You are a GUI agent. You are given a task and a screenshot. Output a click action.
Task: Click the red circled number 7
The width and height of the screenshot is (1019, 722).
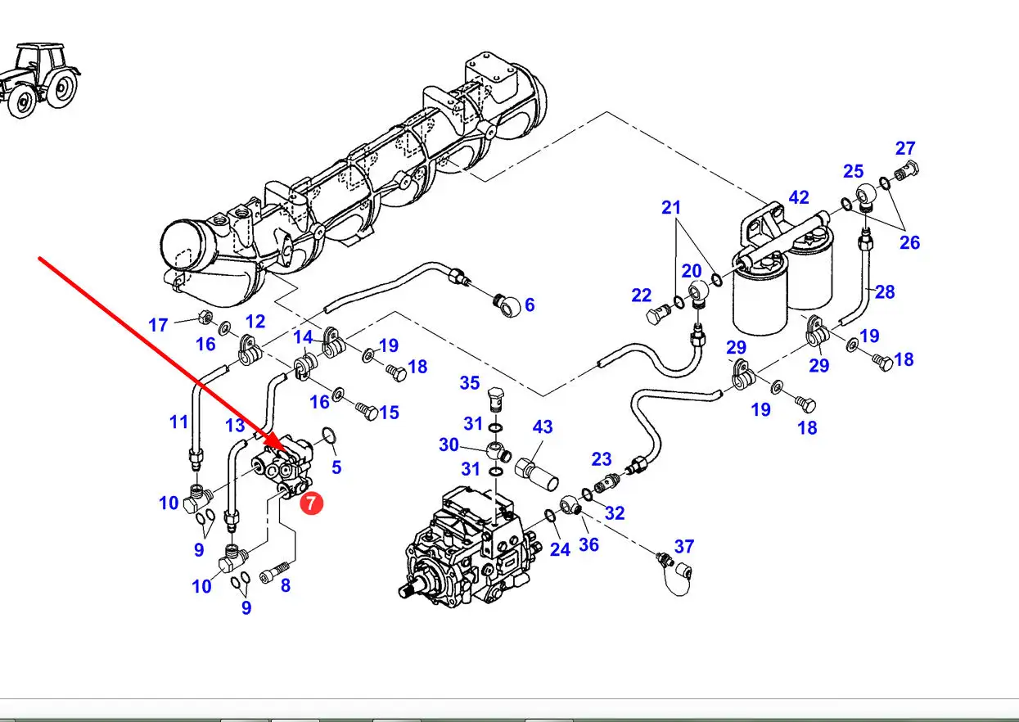[x=311, y=503]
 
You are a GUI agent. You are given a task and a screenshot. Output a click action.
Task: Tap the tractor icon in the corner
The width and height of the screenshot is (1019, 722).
[x=40, y=80]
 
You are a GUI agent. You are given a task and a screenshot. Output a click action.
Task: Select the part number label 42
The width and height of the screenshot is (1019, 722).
[x=799, y=197]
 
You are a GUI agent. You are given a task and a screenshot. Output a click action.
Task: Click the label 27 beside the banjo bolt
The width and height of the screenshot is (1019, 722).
[x=905, y=148]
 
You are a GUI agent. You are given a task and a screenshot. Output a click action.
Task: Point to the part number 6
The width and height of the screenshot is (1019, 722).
[x=530, y=305]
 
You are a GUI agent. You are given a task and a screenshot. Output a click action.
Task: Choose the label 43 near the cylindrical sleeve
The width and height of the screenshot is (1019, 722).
[x=543, y=426]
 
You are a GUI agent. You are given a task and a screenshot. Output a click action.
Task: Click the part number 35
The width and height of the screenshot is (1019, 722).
[x=470, y=382]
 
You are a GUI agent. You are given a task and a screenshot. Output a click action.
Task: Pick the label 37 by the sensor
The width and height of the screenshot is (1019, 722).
[x=684, y=546]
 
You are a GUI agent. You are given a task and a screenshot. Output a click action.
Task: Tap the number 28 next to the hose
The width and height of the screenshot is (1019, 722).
[x=885, y=291]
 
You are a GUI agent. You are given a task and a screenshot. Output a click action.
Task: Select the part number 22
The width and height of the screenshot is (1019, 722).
[x=642, y=296]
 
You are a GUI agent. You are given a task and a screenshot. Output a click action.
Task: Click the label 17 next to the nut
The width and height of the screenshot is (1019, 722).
[x=158, y=325]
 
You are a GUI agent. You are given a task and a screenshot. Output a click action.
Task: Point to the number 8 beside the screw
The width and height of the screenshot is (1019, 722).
[x=285, y=585]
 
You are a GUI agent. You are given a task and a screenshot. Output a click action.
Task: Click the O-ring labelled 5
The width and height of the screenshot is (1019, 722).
[x=328, y=435]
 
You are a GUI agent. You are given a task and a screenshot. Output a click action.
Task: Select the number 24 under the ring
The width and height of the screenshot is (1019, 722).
[x=560, y=549]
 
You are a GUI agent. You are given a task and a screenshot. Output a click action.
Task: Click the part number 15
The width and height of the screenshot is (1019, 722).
[x=389, y=413]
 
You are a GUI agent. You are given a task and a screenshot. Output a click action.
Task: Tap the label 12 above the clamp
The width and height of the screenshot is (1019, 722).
[x=255, y=322]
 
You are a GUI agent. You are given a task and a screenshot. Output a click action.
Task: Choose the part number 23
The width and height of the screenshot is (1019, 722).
[x=602, y=459]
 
